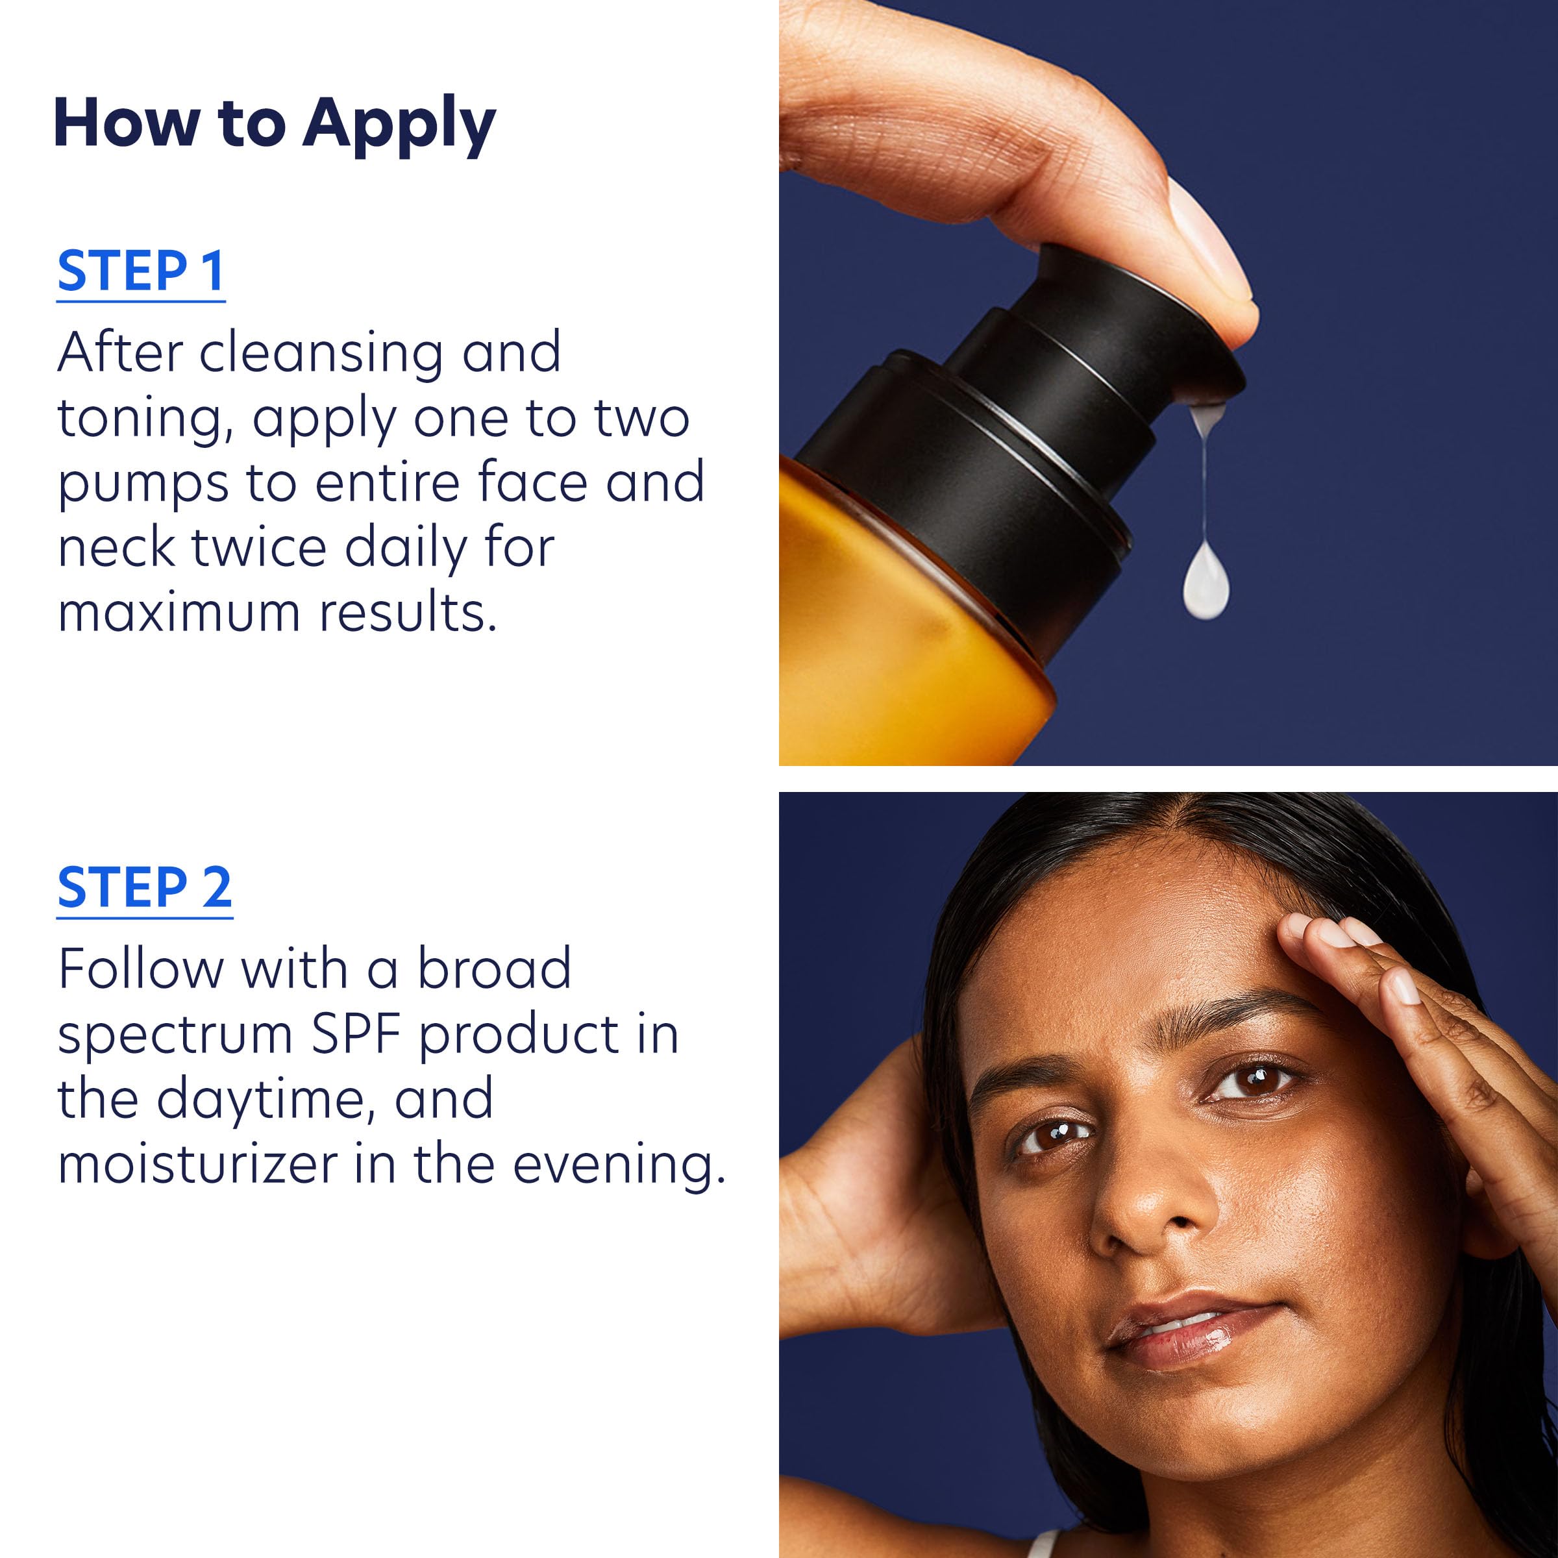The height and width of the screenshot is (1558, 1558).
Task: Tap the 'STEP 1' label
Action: point(140,272)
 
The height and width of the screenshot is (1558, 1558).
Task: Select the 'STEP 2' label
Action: point(144,888)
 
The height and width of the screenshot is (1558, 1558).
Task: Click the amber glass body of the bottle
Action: point(887,629)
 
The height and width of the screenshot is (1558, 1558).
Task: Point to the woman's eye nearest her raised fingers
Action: point(1254,1081)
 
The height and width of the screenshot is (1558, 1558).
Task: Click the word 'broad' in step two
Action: point(493,969)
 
